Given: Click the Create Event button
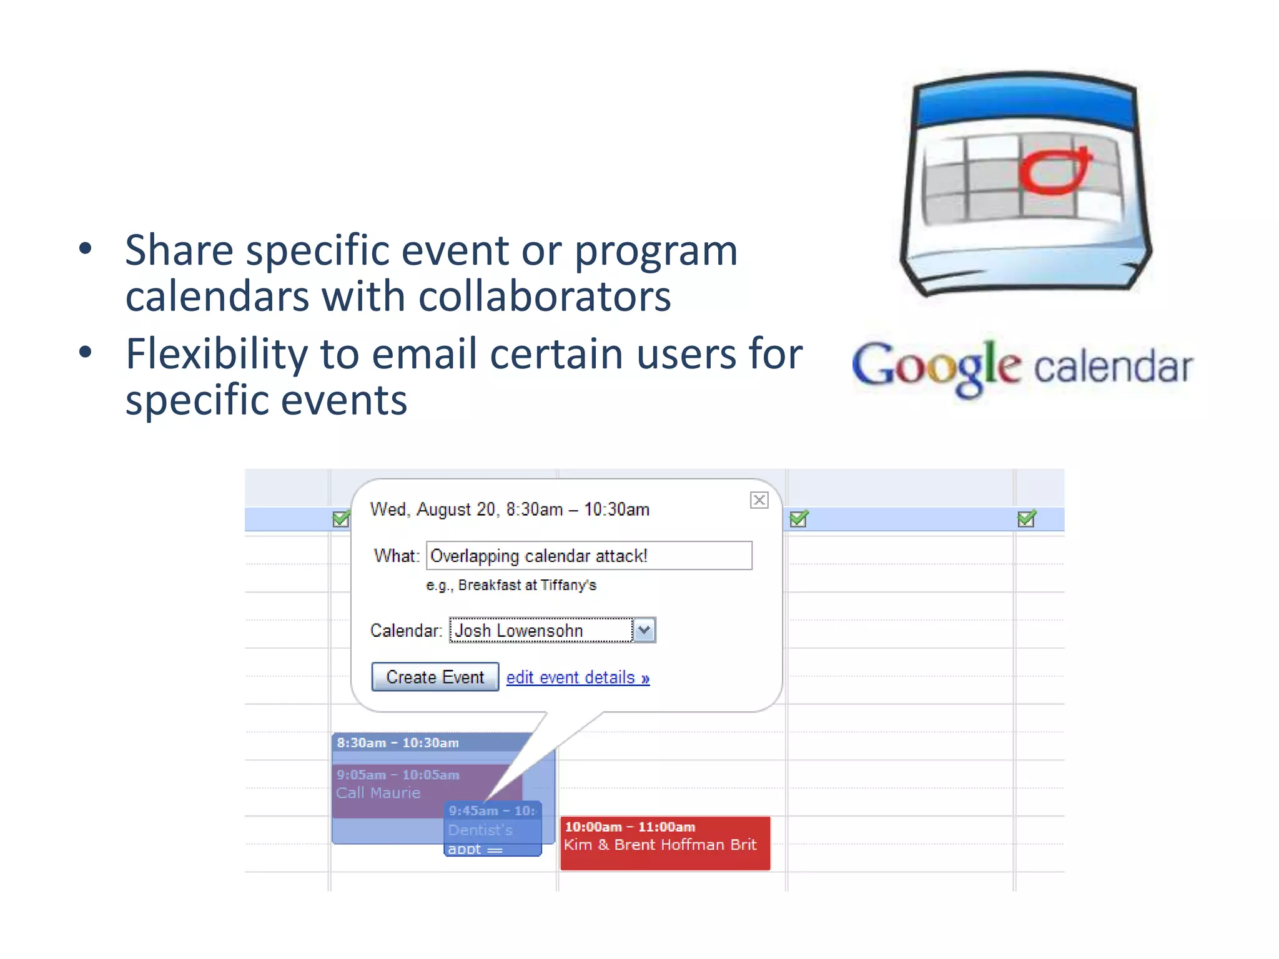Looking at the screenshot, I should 435,677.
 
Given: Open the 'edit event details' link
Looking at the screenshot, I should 578,677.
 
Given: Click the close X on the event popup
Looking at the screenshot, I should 759,500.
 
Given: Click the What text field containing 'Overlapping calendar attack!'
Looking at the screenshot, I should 589,556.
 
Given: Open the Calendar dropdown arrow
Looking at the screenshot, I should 644,630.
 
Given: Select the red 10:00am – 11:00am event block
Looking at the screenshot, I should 665,843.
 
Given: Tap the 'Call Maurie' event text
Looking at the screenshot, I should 378,793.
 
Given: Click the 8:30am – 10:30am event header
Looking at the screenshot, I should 398,743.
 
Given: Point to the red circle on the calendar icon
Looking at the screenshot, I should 1055,171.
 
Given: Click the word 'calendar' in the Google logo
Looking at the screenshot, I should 1114,367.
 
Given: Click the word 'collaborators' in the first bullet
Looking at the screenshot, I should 545,296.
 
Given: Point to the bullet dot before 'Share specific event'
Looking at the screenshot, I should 86,249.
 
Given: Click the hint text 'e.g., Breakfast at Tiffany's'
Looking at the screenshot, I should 511,585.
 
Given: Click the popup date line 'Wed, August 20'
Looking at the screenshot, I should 432,509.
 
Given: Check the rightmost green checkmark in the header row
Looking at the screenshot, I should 1026,519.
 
